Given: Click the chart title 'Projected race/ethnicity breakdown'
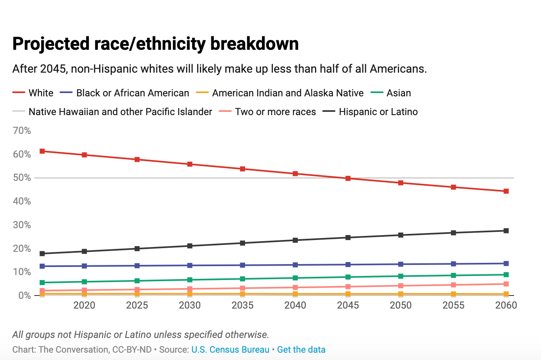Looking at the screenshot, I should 155,44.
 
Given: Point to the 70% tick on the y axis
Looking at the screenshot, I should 22,131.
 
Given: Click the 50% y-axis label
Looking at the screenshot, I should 22,178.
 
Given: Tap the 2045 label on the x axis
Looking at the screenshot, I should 348,306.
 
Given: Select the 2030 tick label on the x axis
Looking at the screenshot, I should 190,306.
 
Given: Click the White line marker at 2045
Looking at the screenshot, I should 348,178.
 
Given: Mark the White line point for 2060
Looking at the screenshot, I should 506,191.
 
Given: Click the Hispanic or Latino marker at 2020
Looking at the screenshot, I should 84,251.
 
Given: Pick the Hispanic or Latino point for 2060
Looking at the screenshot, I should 506,231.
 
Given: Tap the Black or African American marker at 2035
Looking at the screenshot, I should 243,265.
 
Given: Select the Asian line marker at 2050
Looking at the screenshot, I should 401,276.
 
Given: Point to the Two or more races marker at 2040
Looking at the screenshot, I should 295,287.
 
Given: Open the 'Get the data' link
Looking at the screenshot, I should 301,350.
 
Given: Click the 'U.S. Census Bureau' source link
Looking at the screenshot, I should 230,350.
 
